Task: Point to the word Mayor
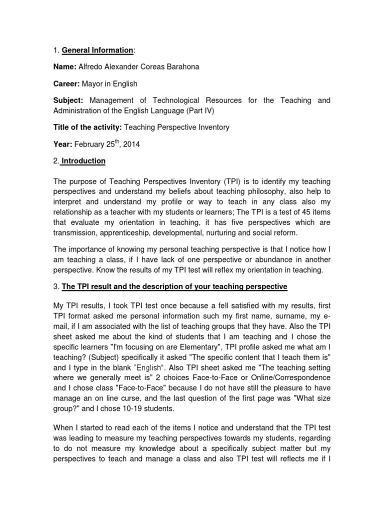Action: (x=99, y=84)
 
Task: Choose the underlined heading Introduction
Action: (x=83, y=161)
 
